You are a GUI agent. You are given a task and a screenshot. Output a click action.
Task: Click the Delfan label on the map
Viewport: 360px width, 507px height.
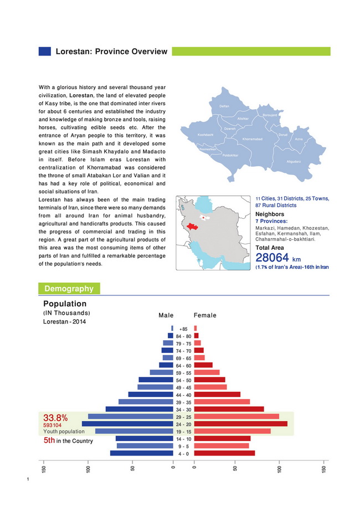click(224, 106)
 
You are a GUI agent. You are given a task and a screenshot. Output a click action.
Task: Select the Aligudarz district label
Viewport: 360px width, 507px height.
click(294, 161)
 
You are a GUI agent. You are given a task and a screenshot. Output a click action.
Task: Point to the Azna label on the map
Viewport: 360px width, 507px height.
click(299, 139)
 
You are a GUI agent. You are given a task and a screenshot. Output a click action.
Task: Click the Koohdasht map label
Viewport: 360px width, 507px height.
click(205, 135)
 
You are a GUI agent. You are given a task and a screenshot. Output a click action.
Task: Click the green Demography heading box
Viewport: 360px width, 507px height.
click(69, 288)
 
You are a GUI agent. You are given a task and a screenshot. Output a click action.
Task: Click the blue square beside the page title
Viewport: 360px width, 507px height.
click(44, 52)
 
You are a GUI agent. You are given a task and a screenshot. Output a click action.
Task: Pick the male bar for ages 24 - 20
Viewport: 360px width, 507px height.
click(127, 424)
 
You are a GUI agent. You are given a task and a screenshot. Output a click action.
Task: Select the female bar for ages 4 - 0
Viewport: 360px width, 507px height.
click(224, 453)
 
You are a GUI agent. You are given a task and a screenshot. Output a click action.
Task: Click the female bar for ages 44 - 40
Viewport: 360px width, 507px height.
click(217, 395)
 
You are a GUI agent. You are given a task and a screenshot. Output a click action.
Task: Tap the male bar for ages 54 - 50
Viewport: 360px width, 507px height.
click(156, 380)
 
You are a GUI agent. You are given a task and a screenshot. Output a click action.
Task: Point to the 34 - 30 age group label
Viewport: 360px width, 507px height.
click(183, 409)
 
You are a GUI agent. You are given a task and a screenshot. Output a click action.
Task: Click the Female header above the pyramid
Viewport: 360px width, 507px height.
click(205, 315)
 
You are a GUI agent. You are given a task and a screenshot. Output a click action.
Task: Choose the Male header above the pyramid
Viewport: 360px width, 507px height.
click(166, 315)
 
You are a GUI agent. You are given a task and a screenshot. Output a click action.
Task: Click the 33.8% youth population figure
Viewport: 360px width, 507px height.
click(55, 417)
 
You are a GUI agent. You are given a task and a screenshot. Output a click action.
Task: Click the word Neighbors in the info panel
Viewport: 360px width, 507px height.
click(270, 214)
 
